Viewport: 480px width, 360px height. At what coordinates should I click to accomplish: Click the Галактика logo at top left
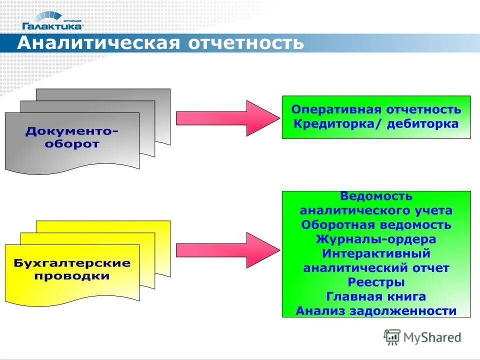(x=52, y=20)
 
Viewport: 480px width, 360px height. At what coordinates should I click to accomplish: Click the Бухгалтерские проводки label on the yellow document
(x=72, y=269)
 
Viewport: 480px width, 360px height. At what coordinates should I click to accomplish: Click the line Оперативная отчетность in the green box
(x=376, y=109)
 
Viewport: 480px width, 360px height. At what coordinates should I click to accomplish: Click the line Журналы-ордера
(x=376, y=239)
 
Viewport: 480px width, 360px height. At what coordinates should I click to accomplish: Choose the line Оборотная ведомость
(x=376, y=225)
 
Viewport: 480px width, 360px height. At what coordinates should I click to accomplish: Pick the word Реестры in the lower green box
(x=376, y=282)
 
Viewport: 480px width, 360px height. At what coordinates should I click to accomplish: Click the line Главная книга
(x=376, y=296)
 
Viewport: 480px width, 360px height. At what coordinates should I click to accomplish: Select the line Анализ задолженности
(x=376, y=311)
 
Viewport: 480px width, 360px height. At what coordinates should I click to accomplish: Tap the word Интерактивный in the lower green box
(x=376, y=253)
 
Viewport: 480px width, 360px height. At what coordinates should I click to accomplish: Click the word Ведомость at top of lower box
(x=376, y=196)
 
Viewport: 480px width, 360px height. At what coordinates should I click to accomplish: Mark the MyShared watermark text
(x=432, y=337)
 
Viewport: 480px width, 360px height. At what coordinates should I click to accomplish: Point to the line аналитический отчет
(x=376, y=268)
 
